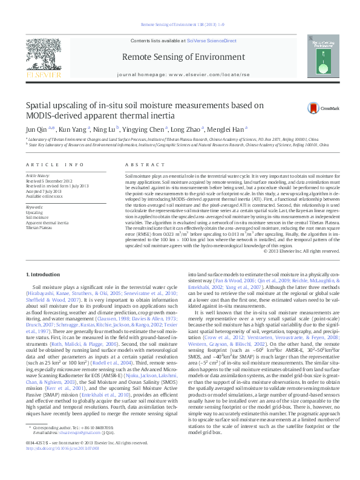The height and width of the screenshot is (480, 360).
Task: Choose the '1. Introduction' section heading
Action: [44, 275]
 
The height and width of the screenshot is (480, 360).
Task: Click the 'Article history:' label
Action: [38, 175]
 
